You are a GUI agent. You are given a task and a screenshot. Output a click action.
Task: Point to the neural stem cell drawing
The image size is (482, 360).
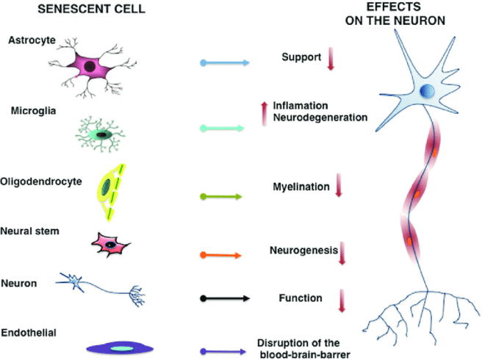click(x=109, y=244)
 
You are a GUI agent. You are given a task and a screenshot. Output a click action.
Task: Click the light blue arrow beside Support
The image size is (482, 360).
click(x=226, y=63)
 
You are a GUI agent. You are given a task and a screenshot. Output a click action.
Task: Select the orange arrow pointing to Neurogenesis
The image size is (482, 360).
click(x=226, y=255)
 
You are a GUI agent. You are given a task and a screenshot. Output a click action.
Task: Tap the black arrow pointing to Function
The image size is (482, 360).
click(x=226, y=298)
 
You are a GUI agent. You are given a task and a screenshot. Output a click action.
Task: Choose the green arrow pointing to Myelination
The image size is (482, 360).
click(x=226, y=197)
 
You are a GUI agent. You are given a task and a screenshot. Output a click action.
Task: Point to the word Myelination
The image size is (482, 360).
click(x=298, y=187)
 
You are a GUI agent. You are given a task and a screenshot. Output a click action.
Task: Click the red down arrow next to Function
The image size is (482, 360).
click(x=342, y=301)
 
